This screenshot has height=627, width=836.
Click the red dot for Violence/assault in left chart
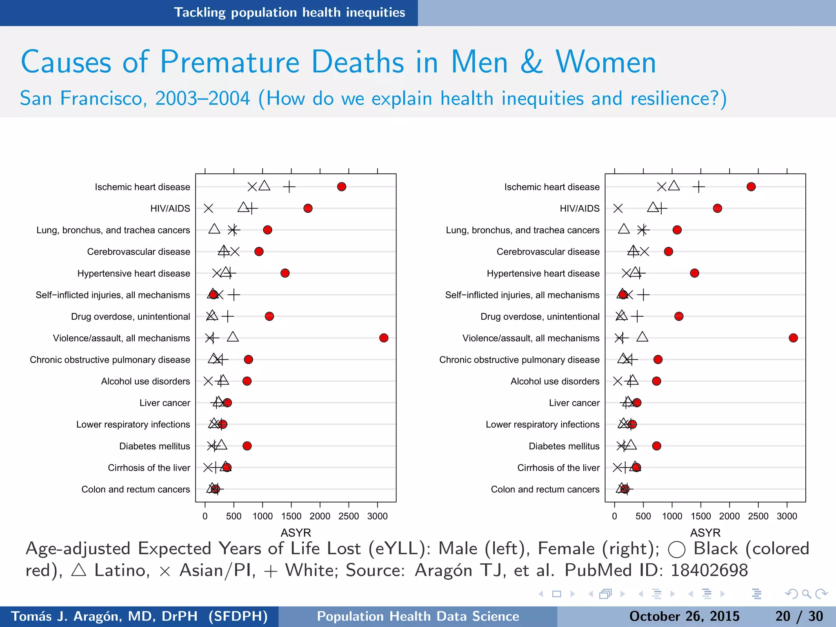[384, 338]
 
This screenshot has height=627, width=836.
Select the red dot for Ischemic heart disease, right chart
[751, 187]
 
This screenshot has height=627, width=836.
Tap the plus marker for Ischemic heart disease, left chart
[289, 187]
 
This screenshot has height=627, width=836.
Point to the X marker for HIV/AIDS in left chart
[208, 208]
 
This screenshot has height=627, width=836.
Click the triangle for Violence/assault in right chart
[642, 337]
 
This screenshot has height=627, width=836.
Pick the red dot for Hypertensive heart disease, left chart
[285, 273]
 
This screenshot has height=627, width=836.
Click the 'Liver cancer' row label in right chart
[574, 403]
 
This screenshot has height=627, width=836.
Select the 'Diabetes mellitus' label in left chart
[154, 446]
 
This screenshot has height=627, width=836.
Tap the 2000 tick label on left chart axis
[320, 516]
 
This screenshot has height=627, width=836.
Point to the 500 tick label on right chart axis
[643, 516]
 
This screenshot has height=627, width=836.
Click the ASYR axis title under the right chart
[705, 532]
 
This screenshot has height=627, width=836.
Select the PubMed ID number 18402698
[709, 570]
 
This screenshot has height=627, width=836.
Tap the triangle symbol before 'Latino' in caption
[78, 570]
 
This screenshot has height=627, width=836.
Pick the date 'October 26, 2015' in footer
[684, 616]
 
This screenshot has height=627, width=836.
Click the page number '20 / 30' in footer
[799, 616]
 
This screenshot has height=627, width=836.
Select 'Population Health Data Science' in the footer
[418, 616]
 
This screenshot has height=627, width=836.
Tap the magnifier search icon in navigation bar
[806, 594]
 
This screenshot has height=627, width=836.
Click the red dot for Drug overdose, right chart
[679, 316]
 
